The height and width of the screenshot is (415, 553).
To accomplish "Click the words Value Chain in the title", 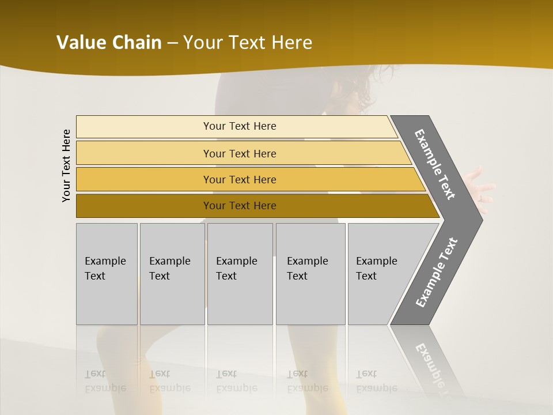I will pos(109,43).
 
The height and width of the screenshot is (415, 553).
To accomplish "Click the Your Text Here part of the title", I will pos(248,43).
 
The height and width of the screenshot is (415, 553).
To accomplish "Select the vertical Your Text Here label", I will pos(66,165).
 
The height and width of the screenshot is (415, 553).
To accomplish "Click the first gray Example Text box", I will pos(107,274).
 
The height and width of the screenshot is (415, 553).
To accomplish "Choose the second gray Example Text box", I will pos(172,274).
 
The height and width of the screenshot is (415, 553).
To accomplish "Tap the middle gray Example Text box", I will pos(240,274).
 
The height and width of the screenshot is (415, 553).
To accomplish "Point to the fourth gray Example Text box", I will pos(310,274).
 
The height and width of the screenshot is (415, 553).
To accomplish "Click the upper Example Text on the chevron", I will pos(435,164).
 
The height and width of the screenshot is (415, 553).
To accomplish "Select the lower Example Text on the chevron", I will pos(437,272).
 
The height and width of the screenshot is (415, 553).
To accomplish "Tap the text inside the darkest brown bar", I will pos(240,206).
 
